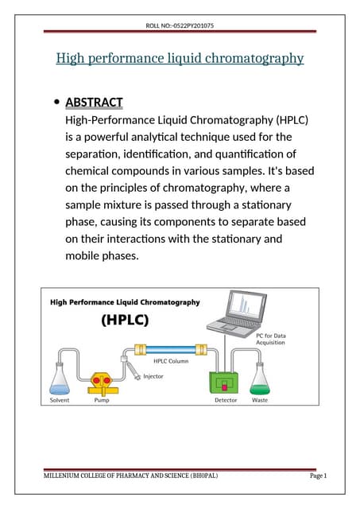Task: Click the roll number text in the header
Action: click(x=180, y=26)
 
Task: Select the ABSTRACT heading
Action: click(x=94, y=102)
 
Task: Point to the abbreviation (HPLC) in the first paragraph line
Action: click(x=279, y=119)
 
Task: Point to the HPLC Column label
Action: click(x=170, y=362)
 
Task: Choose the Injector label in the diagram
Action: click(x=153, y=376)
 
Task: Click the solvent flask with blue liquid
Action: click(x=59, y=380)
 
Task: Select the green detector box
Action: click(x=224, y=383)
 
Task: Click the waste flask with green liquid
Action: click(x=259, y=380)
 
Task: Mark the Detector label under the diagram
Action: click(x=226, y=400)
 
